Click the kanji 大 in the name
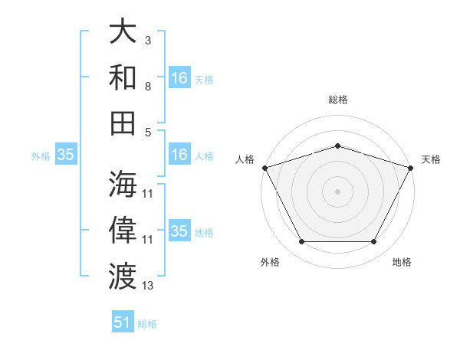123,31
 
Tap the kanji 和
123,77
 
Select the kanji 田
123,123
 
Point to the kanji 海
123,184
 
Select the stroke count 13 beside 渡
148,286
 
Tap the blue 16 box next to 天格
179,77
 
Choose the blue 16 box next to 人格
179,155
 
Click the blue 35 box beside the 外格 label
66,155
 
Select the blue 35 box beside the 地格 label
179,231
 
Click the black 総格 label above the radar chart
337,100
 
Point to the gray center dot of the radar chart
337,191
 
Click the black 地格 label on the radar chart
402,262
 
